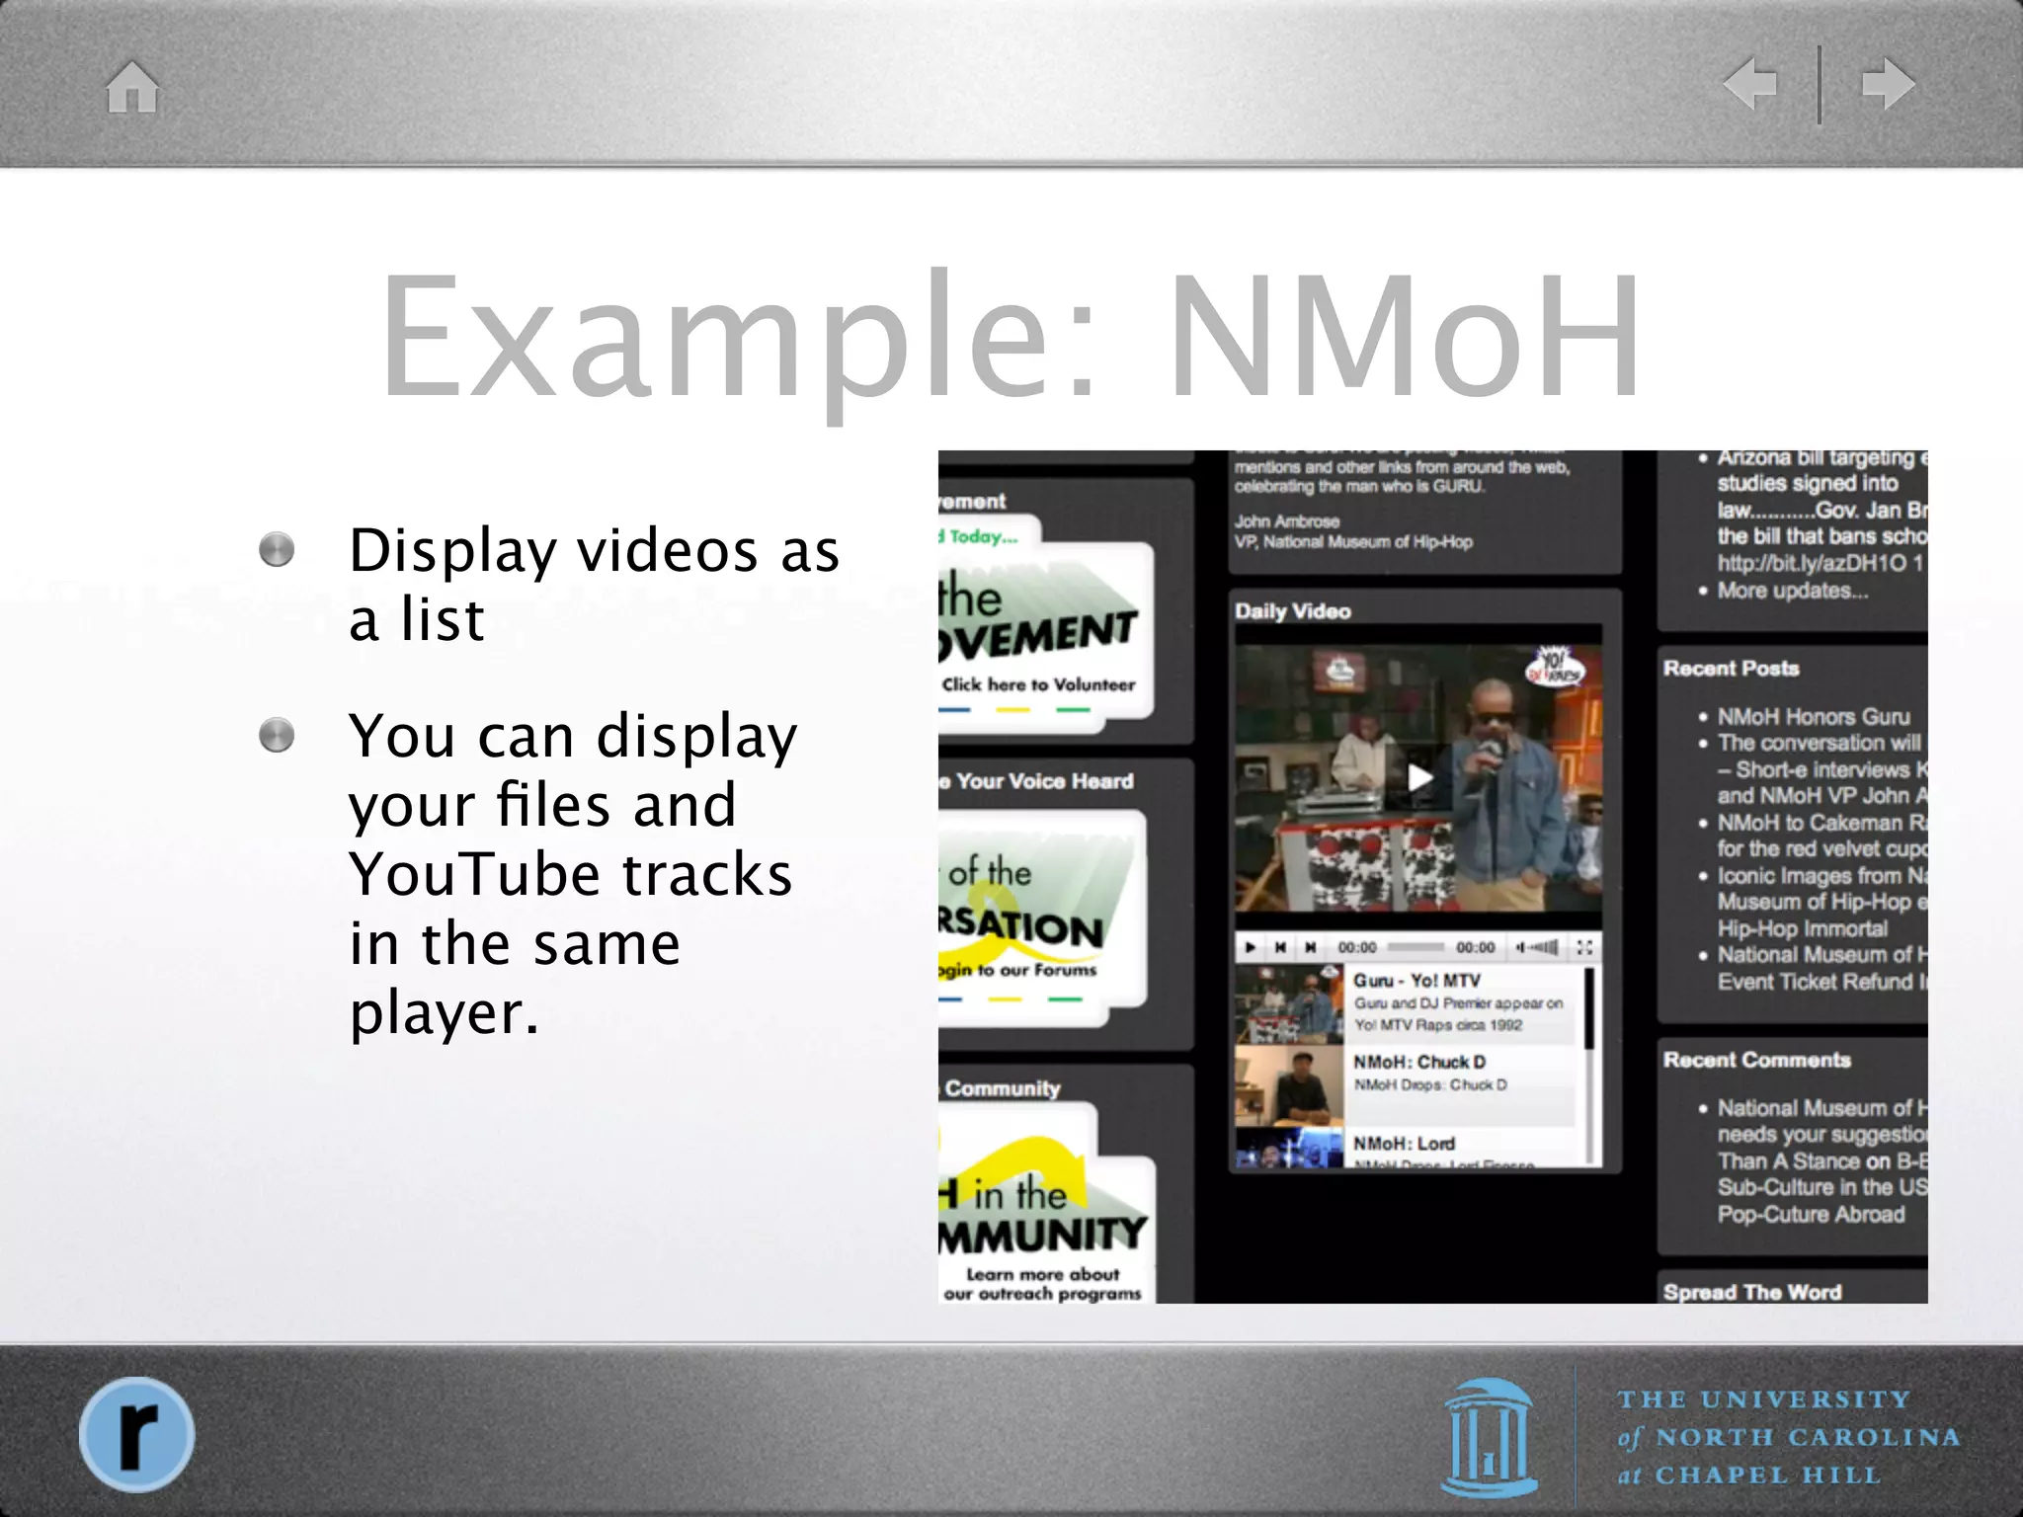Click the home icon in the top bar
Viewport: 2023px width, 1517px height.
click(x=132, y=87)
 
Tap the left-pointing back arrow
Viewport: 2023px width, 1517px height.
click(x=1750, y=84)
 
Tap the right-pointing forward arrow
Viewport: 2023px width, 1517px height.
click(x=1888, y=84)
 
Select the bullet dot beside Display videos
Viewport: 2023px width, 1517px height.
click(x=277, y=550)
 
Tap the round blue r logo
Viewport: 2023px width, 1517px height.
click(x=136, y=1433)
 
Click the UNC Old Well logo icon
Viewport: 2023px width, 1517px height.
click(x=1490, y=1437)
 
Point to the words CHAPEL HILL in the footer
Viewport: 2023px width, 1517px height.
click(x=1767, y=1476)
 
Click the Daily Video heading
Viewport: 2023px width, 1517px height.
click(x=1292, y=611)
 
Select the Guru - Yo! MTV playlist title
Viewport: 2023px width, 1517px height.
click(x=1416, y=981)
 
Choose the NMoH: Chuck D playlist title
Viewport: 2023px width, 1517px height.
click(x=1418, y=1063)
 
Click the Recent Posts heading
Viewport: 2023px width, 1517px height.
click(x=1731, y=669)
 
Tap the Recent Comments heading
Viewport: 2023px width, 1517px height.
click(x=1756, y=1060)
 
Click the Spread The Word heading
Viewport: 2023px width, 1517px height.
click(x=1751, y=1292)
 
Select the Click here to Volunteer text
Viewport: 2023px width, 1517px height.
click(x=1038, y=684)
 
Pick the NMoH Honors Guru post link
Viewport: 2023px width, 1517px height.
click(x=1814, y=716)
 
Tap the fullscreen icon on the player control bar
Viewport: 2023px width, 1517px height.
click(x=1584, y=947)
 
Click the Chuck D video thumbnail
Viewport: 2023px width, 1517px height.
click(x=1289, y=1084)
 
